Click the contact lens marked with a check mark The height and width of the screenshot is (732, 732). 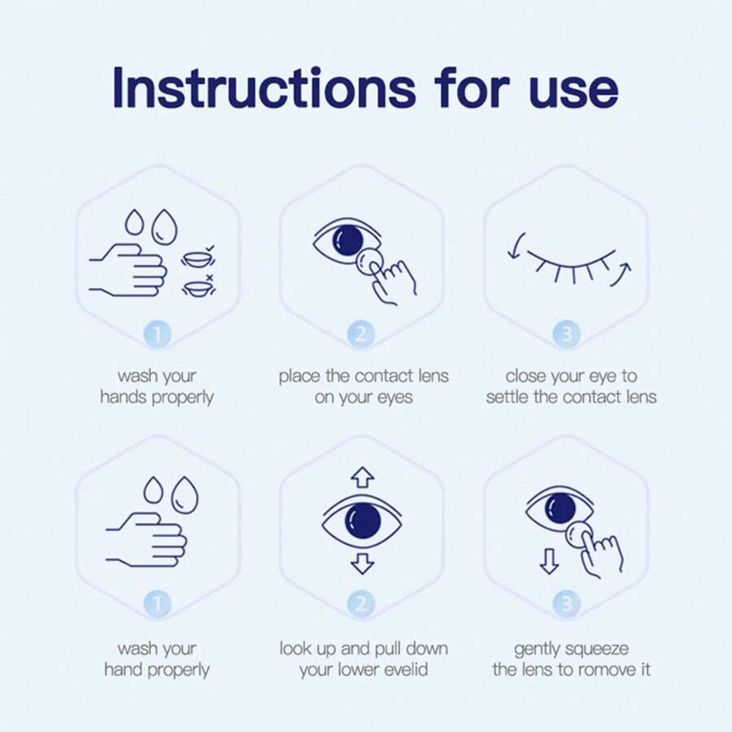coord(195,259)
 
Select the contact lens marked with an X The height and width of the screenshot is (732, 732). coord(195,287)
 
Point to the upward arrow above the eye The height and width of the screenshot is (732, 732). coord(362,477)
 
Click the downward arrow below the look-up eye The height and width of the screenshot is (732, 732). coord(362,563)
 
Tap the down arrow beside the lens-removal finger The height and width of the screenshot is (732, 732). coord(550,560)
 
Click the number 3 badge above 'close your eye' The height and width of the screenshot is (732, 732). coord(566,333)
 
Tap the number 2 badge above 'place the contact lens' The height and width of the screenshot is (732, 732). coord(361,333)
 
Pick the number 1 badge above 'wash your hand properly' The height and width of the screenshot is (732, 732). coord(157,603)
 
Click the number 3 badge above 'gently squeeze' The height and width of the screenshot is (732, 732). coord(566,603)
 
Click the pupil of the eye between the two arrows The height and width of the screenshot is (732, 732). coord(362,520)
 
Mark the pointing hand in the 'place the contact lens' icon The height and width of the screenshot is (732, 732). coord(394,281)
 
